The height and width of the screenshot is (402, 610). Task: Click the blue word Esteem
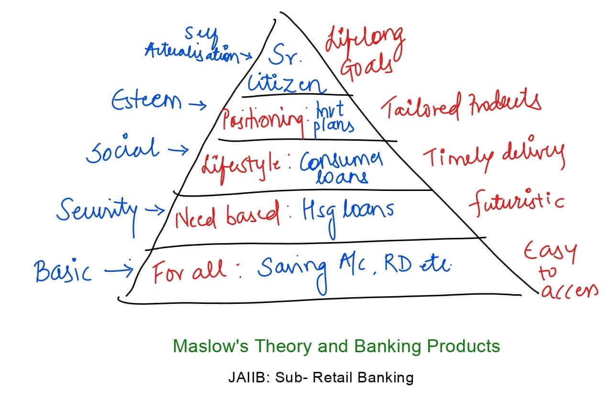146,101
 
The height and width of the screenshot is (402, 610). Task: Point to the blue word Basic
63,272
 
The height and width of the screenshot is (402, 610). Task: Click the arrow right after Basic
118,271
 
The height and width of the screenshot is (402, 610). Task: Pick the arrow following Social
177,151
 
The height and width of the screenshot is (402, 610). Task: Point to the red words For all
189,272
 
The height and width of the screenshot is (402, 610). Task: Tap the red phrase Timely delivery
493,156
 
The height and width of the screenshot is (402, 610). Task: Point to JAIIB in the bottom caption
244,378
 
